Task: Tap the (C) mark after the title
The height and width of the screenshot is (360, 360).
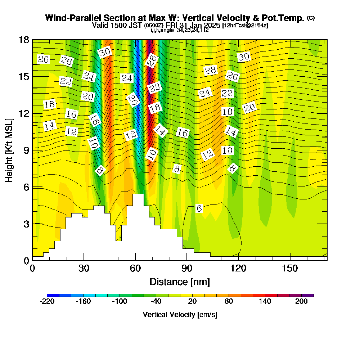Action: [x=310, y=18]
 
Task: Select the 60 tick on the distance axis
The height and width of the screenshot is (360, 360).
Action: [x=135, y=268]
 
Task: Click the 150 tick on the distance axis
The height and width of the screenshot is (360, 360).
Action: [x=289, y=268]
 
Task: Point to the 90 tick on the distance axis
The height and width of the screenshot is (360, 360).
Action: [x=186, y=268]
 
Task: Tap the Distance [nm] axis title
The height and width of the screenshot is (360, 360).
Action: [x=180, y=281]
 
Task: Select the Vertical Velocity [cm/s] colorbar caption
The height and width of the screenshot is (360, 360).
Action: [x=180, y=315]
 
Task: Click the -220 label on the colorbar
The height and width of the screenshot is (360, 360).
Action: [x=47, y=302]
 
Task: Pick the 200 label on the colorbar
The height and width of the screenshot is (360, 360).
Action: [x=302, y=302]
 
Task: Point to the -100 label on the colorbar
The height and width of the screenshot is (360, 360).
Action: [x=120, y=302]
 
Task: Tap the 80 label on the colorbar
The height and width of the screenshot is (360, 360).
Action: [x=229, y=302]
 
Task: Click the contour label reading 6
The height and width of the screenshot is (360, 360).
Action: [x=199, y=208]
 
